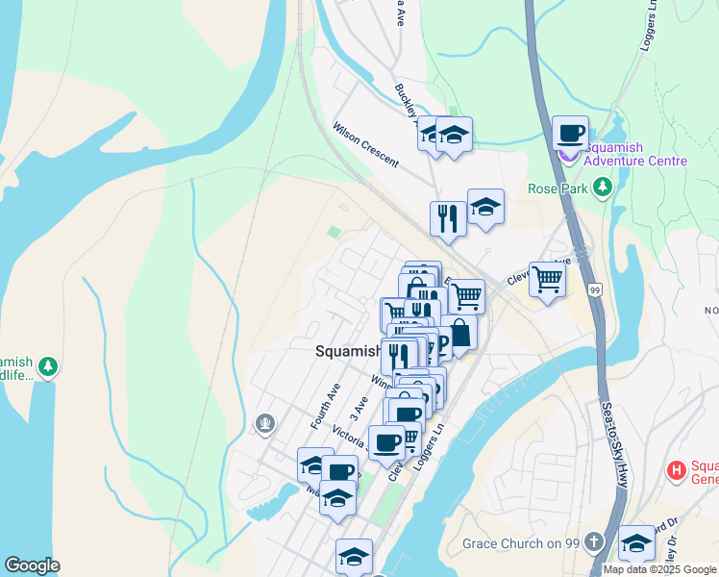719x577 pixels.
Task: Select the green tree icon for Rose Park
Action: coord(603,187)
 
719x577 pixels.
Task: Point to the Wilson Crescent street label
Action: coord(365,145)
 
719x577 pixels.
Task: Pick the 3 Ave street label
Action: coord(360,408)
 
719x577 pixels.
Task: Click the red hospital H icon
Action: coord(677,471)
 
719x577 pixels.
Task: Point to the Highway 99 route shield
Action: coord(596,289)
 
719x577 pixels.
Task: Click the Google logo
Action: coord(32,565)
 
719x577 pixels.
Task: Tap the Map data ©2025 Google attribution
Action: coord(660,569)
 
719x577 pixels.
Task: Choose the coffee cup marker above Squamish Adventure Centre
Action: coord(570,133)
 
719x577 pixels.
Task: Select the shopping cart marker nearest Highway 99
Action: coord(547,280)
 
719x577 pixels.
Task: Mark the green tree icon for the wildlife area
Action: coord(47,366)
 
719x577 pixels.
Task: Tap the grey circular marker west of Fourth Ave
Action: coord(265,423)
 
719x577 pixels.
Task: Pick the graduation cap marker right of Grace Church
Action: coord(635,543)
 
